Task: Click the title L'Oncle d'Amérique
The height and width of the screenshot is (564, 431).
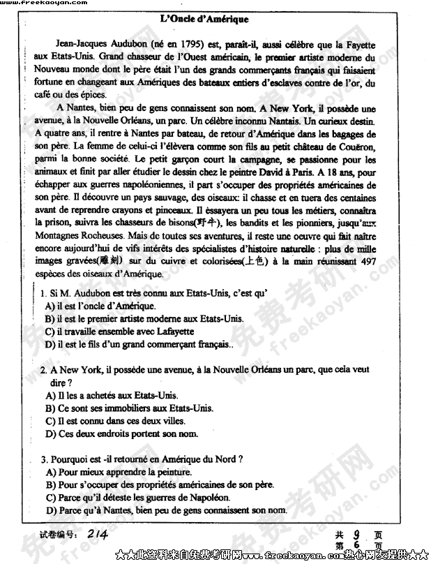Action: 204,20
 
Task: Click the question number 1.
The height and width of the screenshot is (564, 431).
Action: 43,294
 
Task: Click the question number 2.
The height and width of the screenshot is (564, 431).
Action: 43,370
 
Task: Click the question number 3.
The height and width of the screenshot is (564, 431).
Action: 43,459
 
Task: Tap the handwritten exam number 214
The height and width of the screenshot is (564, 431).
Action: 98,534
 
